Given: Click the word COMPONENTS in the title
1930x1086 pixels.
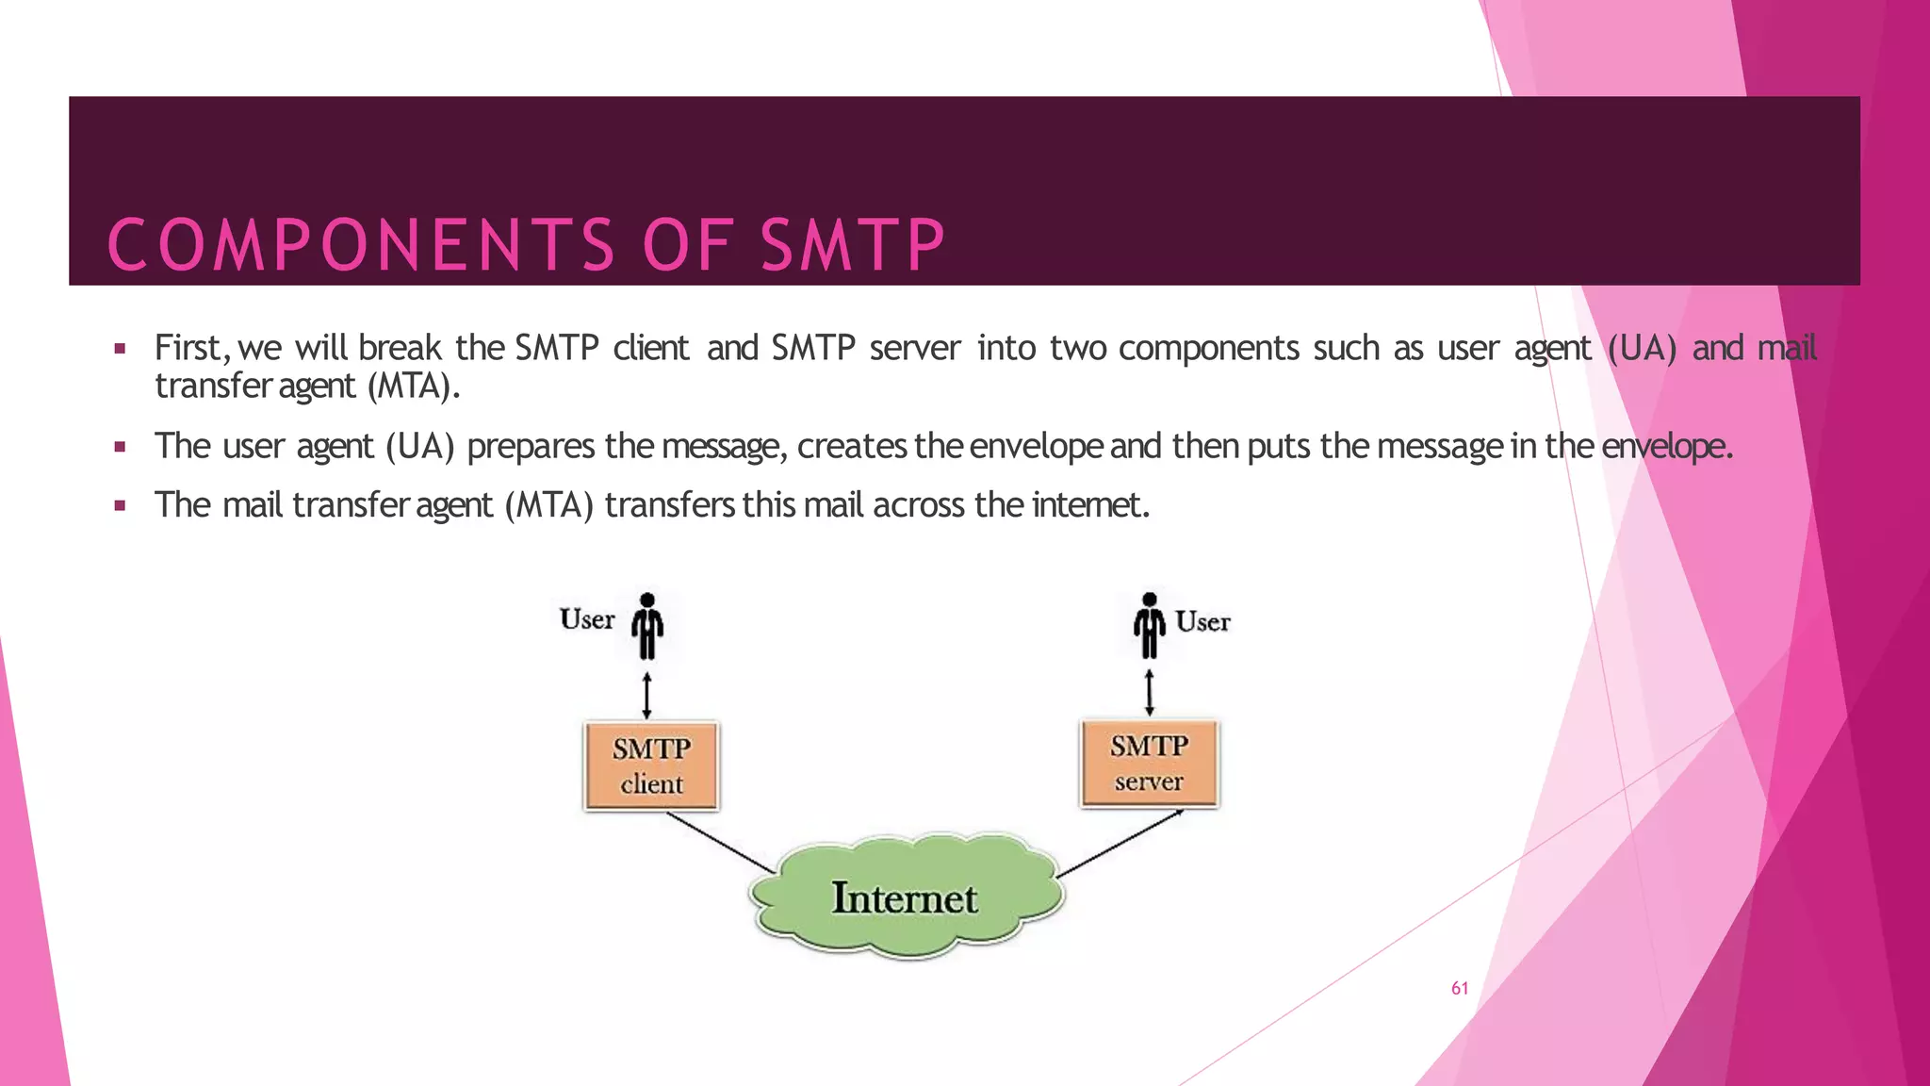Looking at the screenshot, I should coord(362,245).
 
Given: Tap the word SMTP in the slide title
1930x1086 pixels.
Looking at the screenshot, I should coord(853,245).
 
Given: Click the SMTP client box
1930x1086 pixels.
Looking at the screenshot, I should coord(651,765).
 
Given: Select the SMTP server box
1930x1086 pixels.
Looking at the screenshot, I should coord(1149,763).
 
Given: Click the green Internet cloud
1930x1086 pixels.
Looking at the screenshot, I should coord(905,897).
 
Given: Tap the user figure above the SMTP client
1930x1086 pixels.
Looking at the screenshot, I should coord(647,626).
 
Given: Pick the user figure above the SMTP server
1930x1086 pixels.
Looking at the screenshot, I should coord(1149,625).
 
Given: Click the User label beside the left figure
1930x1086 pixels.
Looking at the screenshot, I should coord(586,619).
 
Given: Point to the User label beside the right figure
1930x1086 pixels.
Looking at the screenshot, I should coord(1202,622).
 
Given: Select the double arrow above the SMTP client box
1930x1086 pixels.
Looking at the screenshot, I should coord(646,695).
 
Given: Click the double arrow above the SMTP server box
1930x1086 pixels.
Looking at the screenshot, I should coord(1149,693).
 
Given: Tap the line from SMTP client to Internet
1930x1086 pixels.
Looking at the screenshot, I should coord(721,842).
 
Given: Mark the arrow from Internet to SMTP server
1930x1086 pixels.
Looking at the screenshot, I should coord(1121,843).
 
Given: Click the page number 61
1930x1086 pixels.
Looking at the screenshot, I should coord(1460,988).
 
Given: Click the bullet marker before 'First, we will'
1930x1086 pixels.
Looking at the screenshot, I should coord(120,349).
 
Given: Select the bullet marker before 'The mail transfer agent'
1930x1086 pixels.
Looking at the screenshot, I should coord(120,505).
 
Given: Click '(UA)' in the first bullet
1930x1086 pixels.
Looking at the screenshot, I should coord(1642,348).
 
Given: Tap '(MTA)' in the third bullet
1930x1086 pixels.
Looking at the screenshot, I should coord(548,505).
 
